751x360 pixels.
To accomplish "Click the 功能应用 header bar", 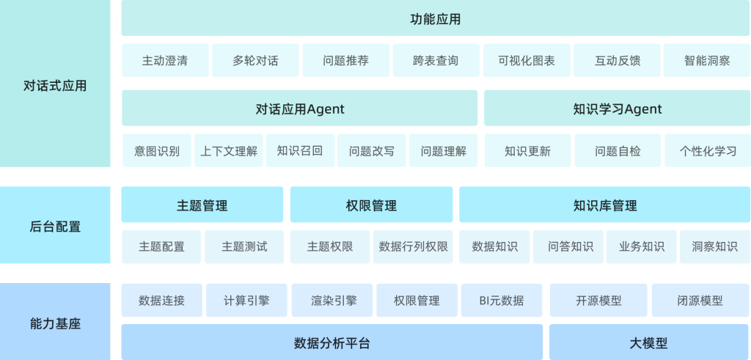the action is [x=436, y=18].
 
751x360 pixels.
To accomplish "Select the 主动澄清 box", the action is [x=165, y=61].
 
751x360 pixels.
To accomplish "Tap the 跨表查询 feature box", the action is [x=436, y=61].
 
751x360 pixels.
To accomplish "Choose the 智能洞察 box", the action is [x=707, y=61].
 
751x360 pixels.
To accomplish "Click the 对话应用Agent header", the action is [x=299, y=109].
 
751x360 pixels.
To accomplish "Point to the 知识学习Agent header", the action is [x=617, y=109].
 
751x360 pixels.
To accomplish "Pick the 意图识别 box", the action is [x=157, y=151].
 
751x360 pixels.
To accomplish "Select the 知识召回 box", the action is [x=300, y=151].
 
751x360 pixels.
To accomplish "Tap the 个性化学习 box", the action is [x=708, y=151].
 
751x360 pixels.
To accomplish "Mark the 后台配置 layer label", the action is [x=55, y=225].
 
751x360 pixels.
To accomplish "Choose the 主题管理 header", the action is [x=202, y=205].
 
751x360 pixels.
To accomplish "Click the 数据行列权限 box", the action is [x=413, y=247].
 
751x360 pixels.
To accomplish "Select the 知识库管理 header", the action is [x=605, y=205].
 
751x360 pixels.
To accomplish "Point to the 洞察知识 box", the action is [x=715, y=247].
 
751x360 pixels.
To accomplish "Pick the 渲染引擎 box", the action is [x=332, y=300].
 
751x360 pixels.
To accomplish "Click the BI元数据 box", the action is [x=502, y=300].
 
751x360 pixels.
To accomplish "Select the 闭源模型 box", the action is [x=701, y=300].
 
